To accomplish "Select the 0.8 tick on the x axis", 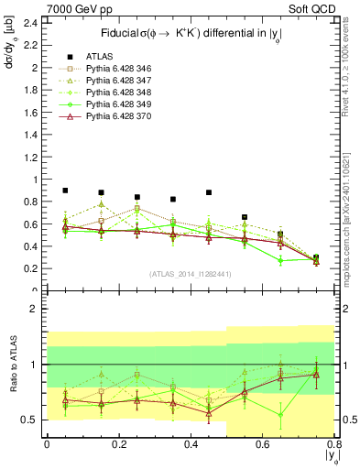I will point(333,446).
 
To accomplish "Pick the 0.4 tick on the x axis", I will point(191,446).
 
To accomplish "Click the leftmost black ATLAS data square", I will point(65,191).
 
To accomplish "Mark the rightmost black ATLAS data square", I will point(316,258).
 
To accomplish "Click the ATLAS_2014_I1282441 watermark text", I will point(191,273).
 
